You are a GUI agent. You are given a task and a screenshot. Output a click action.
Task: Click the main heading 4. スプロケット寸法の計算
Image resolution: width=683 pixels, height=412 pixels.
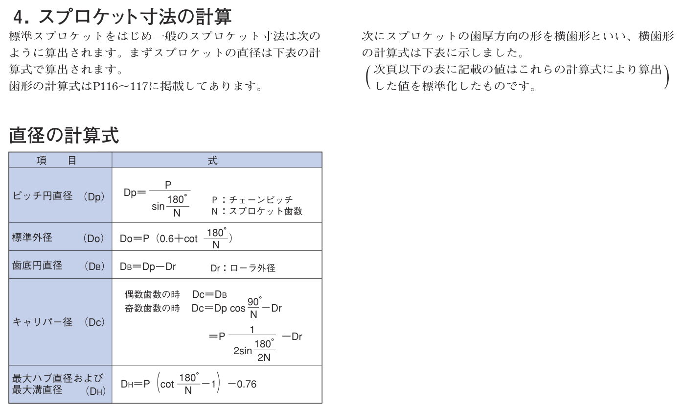click(x=122, y=17)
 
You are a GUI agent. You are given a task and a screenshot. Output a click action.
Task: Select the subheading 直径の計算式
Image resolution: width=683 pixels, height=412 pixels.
click(x=64, y=135)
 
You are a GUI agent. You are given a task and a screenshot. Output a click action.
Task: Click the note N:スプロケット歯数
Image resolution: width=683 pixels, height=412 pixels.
click(x=257, y=212)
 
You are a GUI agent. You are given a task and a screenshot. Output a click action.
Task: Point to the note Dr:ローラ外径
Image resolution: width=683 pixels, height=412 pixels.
click(x=243, y=268)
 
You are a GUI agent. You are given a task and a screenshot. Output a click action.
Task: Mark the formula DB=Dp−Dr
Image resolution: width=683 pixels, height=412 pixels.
click(x=148, y=267)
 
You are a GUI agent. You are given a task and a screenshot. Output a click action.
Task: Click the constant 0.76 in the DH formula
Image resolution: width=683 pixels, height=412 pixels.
click(x=246, y=384)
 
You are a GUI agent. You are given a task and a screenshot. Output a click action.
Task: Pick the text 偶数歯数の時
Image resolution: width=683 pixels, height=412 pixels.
click(x=152, y=294)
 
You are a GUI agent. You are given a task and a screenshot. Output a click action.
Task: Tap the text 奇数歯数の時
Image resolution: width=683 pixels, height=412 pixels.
click(x=152, y=308)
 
